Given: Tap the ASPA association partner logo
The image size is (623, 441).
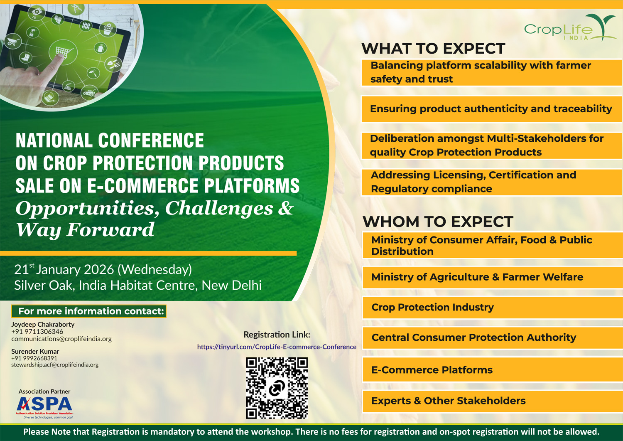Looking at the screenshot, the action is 45,407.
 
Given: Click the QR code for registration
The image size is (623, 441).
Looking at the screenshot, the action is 277,388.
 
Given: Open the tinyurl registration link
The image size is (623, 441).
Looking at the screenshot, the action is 277,347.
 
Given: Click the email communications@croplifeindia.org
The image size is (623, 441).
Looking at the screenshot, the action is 61,339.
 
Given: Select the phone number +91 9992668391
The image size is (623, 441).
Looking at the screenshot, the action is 34,358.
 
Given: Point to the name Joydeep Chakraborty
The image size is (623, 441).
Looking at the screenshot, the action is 43,324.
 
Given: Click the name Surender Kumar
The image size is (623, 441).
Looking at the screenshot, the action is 35,351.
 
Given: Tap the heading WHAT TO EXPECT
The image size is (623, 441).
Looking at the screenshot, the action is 433,49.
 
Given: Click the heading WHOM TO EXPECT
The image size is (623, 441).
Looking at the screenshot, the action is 438,222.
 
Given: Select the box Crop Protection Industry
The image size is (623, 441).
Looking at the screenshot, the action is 493,307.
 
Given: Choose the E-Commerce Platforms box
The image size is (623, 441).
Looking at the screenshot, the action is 493,370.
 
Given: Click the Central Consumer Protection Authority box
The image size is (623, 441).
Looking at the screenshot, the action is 493,338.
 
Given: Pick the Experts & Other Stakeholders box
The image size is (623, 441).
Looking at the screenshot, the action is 493,401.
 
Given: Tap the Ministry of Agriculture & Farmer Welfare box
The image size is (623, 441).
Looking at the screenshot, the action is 493,277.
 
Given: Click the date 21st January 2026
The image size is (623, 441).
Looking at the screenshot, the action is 64,269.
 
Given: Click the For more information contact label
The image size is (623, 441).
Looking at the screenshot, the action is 89,311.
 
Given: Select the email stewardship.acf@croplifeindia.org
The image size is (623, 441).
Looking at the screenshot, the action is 55,365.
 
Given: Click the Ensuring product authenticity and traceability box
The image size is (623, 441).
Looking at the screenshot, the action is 492,109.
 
